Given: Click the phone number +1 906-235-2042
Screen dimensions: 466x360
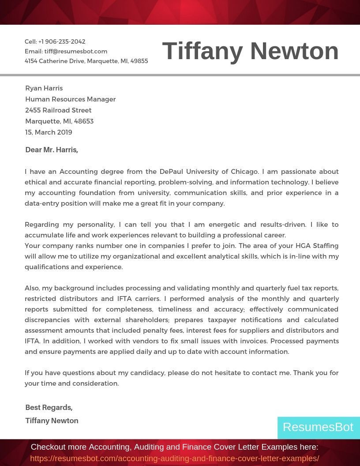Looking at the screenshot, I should (x=62, y=41).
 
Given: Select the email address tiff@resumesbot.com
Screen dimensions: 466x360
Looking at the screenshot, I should (x=76, y=51).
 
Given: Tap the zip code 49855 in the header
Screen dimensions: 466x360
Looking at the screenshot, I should (x=139, y=61).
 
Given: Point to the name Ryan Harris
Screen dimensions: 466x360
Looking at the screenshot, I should (x=44, y=88).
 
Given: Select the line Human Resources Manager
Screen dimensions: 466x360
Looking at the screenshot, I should (x=71, y=99).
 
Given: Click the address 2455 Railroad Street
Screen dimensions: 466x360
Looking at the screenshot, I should (x=58, y=110).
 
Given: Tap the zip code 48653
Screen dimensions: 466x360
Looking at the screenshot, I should (x=84, y=121).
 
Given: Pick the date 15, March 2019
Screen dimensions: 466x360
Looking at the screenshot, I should (x=49, y=132).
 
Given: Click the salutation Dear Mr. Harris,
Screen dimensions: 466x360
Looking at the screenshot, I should (x=52, y=150).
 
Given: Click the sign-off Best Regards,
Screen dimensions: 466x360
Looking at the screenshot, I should (x=49, y=407).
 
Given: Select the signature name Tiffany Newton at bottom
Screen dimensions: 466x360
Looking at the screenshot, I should (x=52, y=421).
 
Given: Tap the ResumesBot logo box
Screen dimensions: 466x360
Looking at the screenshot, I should (x=318, y=427).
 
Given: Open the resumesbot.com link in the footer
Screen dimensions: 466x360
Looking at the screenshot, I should (x=175, y=458).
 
